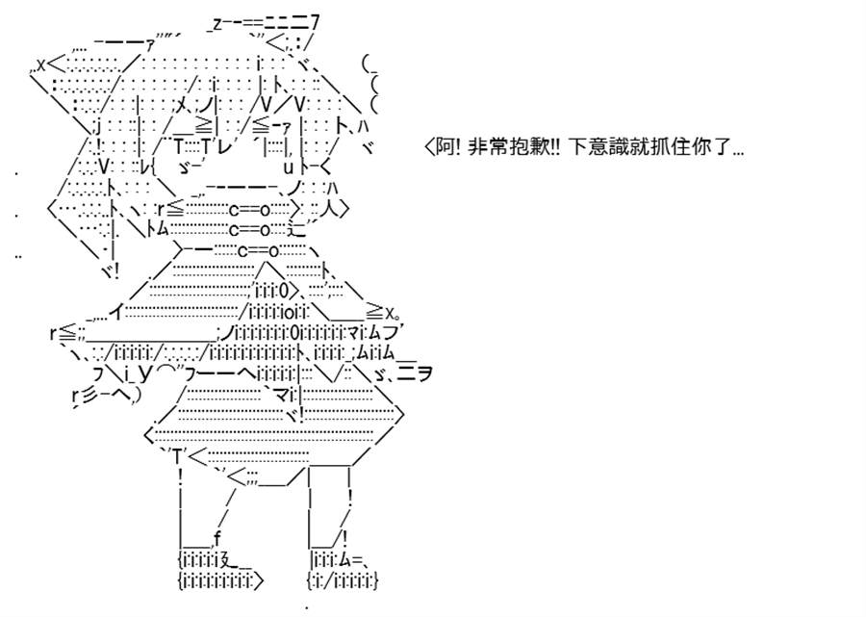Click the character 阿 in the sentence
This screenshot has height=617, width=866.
pyautogui.click(x=446, y=147)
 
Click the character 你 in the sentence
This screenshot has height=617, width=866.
pyautogui.click(x=701, y=147)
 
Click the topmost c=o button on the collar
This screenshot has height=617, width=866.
pyautogui.click(x=249, y=210)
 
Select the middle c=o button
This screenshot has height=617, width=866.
pyautogui.click(x=249, y=229)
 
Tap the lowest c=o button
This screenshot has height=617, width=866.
pyautogui.click(x=259, y=251)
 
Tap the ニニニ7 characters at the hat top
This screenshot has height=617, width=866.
pyautogui.click(x=292, y=23)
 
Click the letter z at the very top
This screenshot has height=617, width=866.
pyautogui.click(x=216, y=24)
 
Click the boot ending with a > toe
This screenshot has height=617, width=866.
pyautogui.click(x=221, y=570)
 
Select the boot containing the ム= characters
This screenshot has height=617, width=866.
pyautogui.click(x=343, y=570)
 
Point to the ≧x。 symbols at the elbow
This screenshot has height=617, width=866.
pyautogui.click(x=383, y=315)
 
